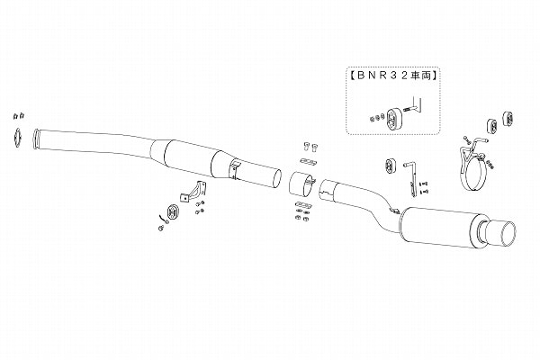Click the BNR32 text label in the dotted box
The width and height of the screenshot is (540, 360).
tap(393, 76)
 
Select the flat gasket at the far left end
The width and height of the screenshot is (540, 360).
tap(17, 138)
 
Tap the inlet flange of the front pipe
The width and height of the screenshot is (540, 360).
tap(36, 139)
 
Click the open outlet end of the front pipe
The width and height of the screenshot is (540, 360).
tap(276, 179)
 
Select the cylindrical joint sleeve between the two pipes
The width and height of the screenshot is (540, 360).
tap(301, 184)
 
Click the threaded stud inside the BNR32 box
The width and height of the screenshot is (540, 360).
tap(409, 110)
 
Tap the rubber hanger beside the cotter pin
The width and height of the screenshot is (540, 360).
tap(172, 211)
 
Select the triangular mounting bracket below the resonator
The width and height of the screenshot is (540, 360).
tap(193, 192)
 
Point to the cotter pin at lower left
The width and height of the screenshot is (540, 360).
tap(163, 218)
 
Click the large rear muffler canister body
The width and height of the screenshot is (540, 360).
tap(437, 226)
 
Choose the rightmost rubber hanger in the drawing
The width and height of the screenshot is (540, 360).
tap(508, 118)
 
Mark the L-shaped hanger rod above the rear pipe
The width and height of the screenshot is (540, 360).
tap(412, 179)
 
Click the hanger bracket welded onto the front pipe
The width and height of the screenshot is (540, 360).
tap(234, 169)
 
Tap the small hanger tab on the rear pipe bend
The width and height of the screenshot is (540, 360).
tap(393, 210)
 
